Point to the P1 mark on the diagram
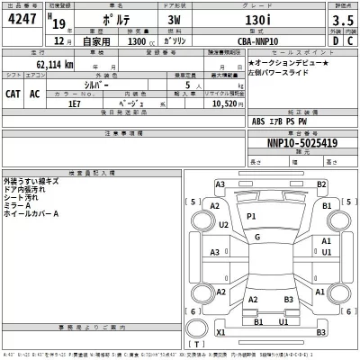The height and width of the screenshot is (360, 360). (251, 217)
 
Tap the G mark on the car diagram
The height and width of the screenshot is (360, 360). (257, 237)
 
